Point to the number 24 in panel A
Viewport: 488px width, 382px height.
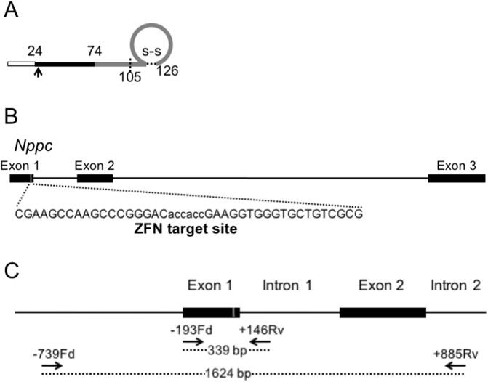[34, 51]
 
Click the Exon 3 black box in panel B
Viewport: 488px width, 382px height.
[456, 179]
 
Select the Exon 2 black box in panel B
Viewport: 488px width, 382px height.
[95, 179]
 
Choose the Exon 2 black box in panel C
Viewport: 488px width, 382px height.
[383, 312]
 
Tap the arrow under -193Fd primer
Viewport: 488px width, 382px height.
[194, 340]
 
